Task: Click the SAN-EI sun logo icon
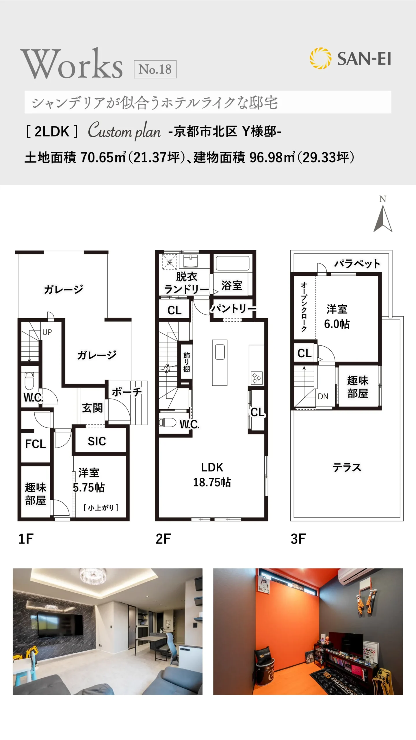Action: (320, 58)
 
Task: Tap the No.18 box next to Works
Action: (155, 69)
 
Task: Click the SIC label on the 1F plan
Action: (97, 441)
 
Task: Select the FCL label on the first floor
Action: (36, 444)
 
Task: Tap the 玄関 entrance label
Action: (92, 408)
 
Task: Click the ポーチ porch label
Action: (127, 392)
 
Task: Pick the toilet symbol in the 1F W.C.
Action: (29, 380)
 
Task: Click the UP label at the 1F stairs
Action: (47, 332)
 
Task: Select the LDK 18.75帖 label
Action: (212, 475)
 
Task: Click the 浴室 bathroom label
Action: (232, 285)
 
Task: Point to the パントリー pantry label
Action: (233, 308)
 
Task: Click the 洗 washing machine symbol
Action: (169, 262)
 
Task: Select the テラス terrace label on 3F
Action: (347, 467)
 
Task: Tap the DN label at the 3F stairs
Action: (323, 396)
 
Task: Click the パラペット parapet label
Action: (357, 264)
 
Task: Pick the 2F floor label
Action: (163, 539)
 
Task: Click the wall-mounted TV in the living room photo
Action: (60, 624)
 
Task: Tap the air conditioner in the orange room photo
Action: (370, 576)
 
